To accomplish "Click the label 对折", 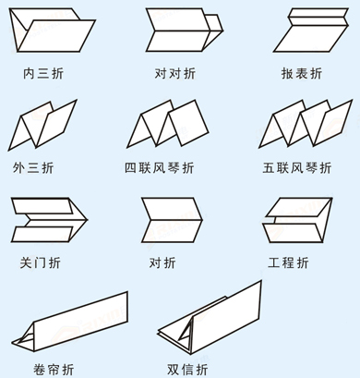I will click(x=162, y=262).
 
